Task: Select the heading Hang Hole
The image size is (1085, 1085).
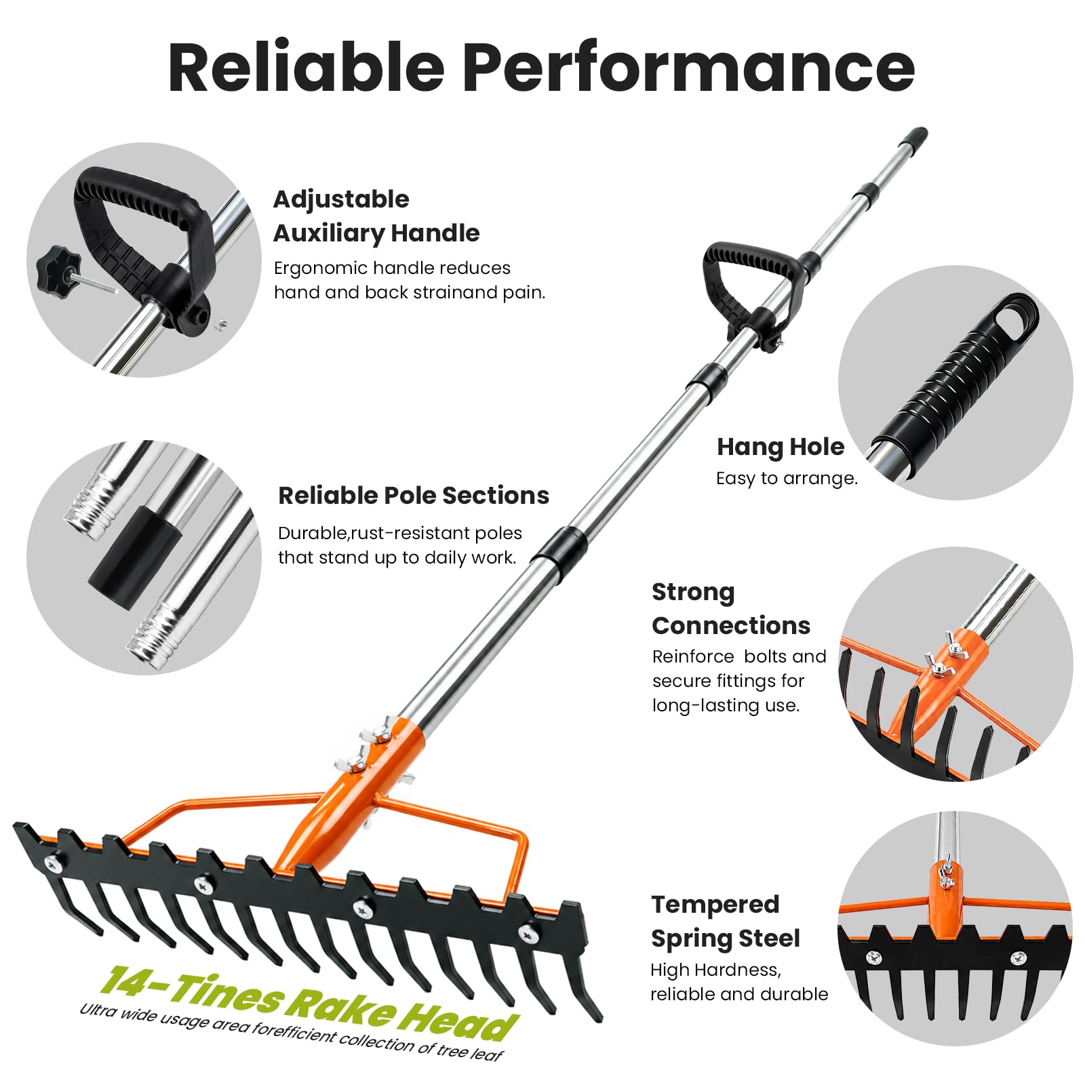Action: (781, 447)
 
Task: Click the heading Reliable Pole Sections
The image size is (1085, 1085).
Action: (414, 496)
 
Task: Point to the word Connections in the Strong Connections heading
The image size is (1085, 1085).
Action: (731, 625)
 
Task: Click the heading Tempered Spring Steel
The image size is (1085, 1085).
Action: (726, 921)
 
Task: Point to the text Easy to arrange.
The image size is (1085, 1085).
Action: (787, 479)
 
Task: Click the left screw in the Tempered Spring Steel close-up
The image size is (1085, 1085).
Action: (874, 958)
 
